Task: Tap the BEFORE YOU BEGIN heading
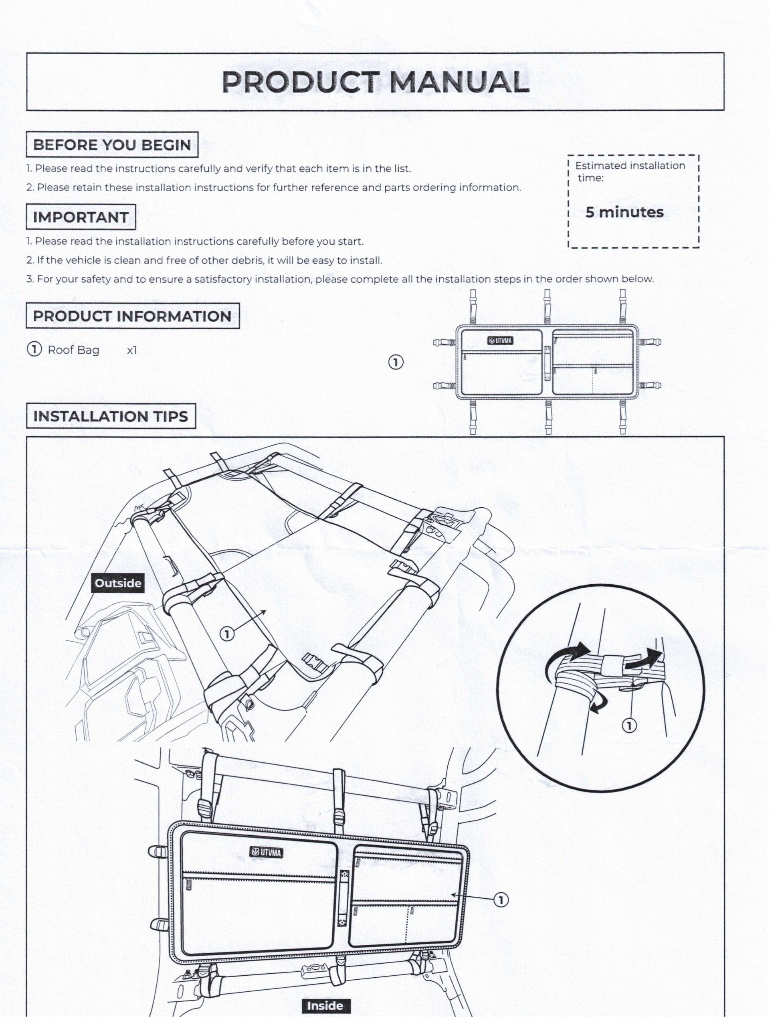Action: pyautogui.click(x=112, y=145)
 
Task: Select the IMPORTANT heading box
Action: pyautogui.click(x=81, y=217)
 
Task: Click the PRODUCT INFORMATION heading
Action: pyautogui.click(x=132, y=316)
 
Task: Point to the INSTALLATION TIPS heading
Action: pyautogui.click(x=111, y=416)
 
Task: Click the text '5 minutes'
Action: pyautogui.click(x=624, y=212)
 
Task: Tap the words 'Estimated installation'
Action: pyautogui.click(x=630, y=166)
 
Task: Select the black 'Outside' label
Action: pyautogui.click(x=118, y=583)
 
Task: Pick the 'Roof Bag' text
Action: pyautogui.click(x=73, y=350)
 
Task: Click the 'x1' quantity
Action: pyautogui.click(x=132, y=350)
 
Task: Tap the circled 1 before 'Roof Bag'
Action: pyautogui.click(x=34, y=349)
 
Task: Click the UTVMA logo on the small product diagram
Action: pyautogui.click(x=500, y=341)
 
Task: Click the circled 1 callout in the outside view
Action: pyautogui.click(x=226, y=633)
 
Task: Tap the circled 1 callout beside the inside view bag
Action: pyautogui.click(x=501, y=900)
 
